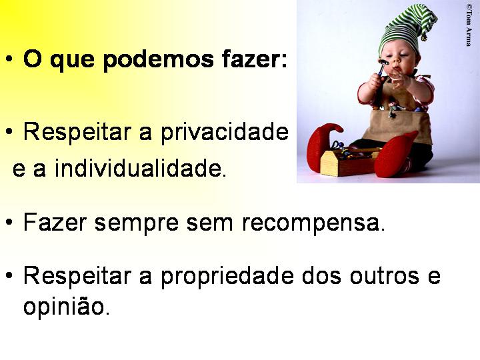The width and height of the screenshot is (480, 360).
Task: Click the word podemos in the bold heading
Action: pyautogui.click(x=158, y=60)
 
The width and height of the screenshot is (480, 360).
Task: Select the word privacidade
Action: pyautogui.click(x=225, y=133)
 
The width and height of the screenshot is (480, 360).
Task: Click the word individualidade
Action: pyautogui.click(x=141, y=168)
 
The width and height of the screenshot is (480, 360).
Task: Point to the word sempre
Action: pyautogui.click(x=137, y=224)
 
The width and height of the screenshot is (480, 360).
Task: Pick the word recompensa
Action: pyautogui.click(x=313, y=224)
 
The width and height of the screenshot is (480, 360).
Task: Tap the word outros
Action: pyautogui.click(x=385, y=276)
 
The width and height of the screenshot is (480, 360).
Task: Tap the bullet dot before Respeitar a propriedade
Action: pyautogui.click(x=9, y=275)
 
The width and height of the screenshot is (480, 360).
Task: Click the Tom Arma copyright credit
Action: pyautogui.click(x=469, y=25)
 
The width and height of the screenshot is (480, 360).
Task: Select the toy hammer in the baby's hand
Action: pyautogui.click(x=381, y=67)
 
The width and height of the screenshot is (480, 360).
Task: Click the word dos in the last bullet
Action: pyautogui.click(x=321, y=275)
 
